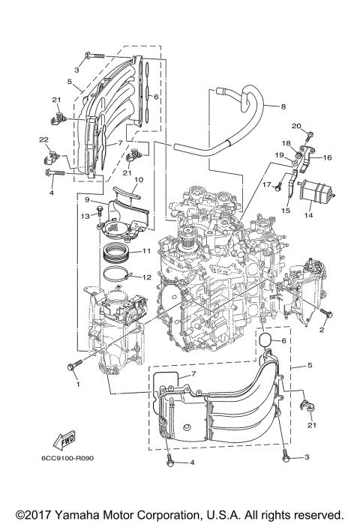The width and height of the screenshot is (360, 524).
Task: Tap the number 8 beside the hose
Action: (284, 107)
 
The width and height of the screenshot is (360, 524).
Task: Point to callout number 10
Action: (138, 180)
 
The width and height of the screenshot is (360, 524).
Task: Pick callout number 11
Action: (147, 250)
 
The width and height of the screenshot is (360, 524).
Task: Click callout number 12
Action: (147, 277)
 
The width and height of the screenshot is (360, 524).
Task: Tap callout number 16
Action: (327, 158)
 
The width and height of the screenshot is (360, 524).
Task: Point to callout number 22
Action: (43, 139)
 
